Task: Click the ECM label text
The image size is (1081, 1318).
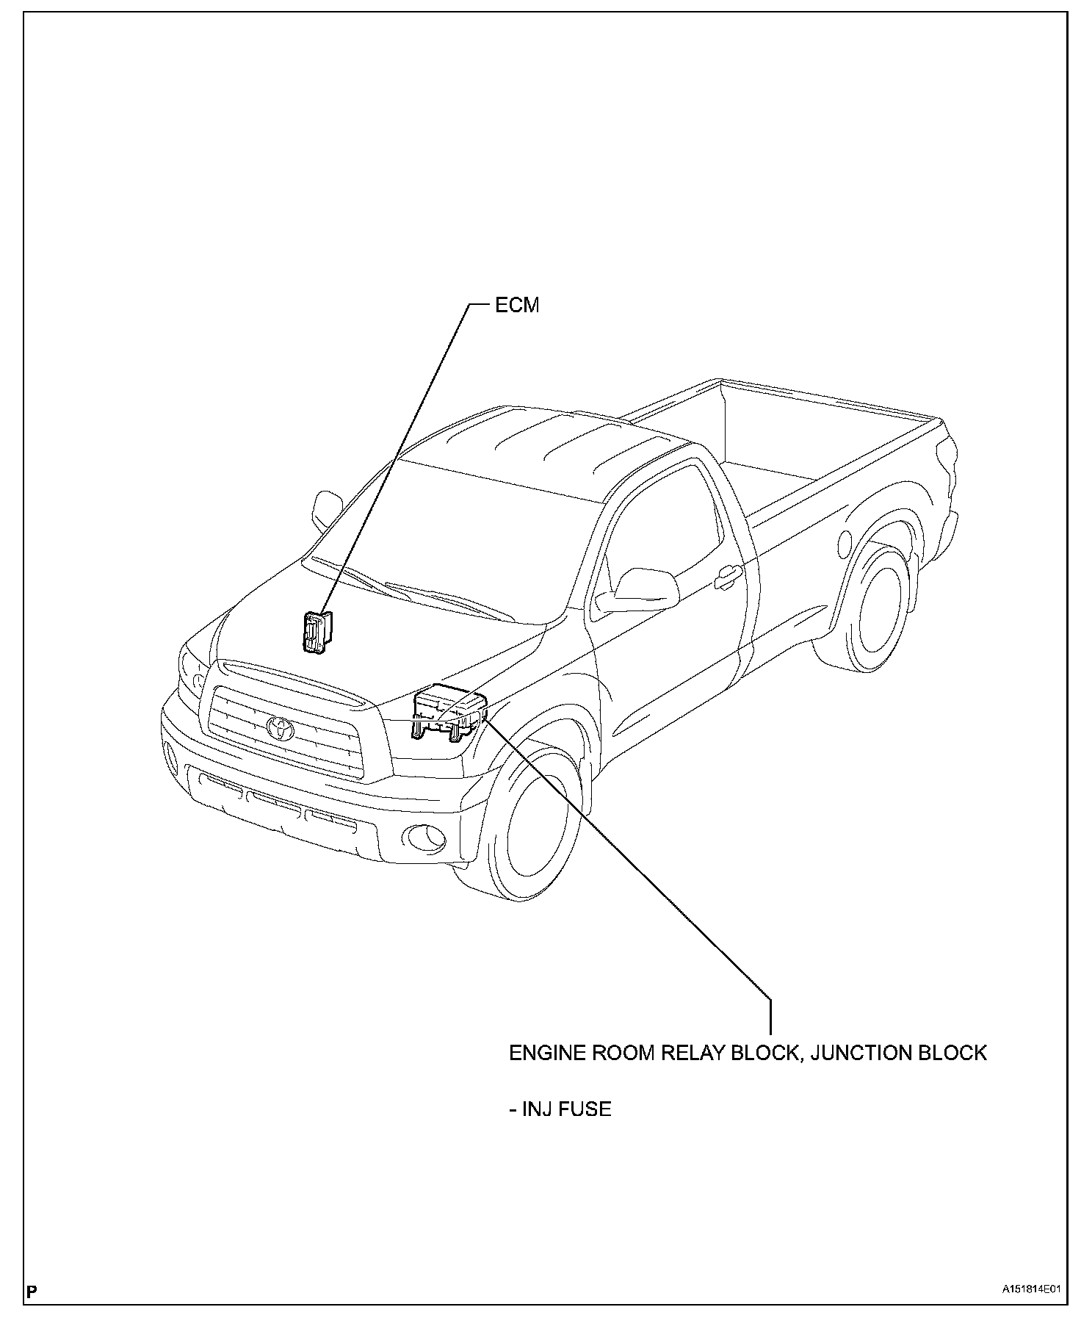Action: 516,306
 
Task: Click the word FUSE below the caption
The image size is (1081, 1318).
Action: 585,1109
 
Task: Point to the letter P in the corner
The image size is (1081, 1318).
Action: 32,1290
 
